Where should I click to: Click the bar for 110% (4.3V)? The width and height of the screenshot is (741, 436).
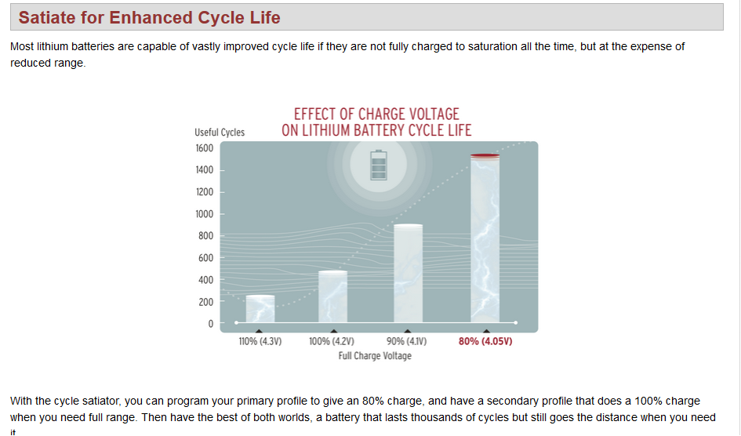260,309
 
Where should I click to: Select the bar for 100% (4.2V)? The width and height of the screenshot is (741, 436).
332,296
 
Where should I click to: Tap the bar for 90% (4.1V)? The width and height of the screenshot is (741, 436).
408,274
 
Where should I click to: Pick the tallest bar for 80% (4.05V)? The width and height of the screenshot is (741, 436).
485,240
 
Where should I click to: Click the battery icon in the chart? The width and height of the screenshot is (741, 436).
379,165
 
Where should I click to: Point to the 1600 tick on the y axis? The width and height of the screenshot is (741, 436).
204,148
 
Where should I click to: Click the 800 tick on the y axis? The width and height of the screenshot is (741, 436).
205,236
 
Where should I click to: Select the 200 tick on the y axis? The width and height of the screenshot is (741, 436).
205,302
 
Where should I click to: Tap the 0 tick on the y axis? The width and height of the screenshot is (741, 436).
210,324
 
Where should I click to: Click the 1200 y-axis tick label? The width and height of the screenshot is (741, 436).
204,192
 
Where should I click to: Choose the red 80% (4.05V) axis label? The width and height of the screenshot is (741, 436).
485,342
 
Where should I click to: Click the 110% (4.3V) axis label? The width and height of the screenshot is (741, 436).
260,342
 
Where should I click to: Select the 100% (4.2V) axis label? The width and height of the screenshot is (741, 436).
332,342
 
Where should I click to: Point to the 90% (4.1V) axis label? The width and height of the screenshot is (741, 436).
407,342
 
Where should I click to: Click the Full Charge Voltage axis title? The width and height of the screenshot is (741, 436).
375,356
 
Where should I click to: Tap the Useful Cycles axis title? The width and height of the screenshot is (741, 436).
220,133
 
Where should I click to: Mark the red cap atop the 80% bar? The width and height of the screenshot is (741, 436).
485,156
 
